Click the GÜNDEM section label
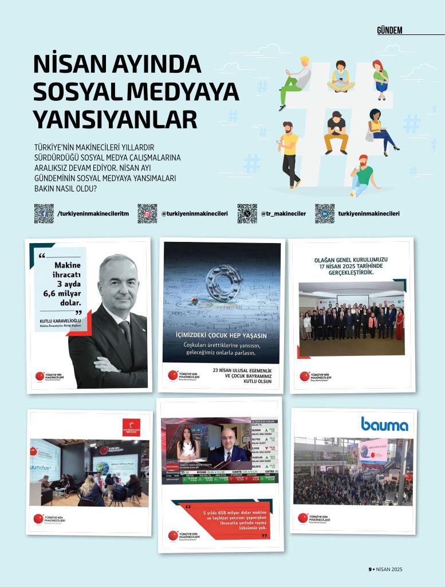point(389,30)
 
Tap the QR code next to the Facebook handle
point(44,213)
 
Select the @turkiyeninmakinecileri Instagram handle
point(194,214)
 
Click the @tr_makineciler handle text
point(283,214)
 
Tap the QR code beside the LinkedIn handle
point(325,213)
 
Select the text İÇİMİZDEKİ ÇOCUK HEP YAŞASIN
point(222,335)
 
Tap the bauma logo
point(384,424)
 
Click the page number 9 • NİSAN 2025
point(385,569)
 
